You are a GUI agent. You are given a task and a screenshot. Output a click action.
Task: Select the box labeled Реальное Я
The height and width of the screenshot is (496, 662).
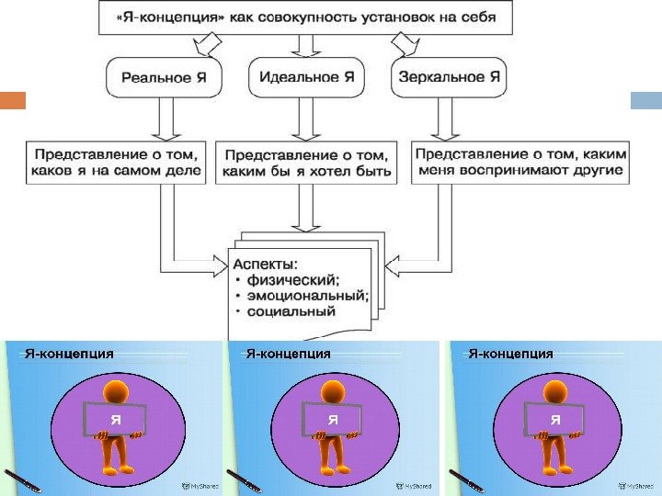click(164, 78)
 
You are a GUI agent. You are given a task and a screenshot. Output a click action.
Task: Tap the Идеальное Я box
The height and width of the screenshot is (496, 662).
click(307, 78)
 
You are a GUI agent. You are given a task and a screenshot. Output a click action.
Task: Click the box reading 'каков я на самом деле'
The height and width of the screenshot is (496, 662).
click(115, 162)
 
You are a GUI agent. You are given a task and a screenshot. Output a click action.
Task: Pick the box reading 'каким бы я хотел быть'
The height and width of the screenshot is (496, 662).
click(307, 163)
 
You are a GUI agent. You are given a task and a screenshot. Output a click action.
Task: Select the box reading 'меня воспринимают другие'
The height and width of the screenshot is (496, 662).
click(520, 162)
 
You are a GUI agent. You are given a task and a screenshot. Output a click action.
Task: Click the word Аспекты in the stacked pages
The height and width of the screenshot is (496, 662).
click(266, 265)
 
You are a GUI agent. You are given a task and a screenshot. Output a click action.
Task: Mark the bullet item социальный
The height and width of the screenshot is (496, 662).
click(290, 311)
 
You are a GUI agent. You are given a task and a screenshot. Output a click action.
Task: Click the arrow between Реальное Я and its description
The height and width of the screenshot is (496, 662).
click(165, 116)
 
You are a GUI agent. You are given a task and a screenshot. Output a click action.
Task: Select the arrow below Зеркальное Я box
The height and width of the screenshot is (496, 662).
click(448, 116)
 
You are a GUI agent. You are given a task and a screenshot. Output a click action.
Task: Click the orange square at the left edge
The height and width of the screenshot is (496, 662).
click(13, 100)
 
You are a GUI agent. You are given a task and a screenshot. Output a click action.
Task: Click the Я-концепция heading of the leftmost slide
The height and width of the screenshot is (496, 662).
click(70, 353)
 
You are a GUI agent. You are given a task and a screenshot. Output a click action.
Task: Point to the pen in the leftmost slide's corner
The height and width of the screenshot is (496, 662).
click(23, 480)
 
